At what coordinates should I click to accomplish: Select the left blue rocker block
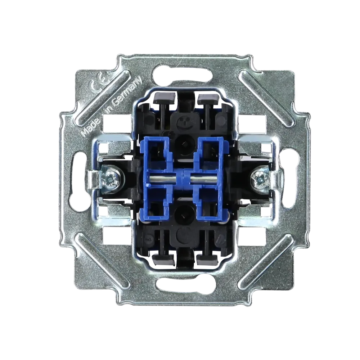coord(158,179)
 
